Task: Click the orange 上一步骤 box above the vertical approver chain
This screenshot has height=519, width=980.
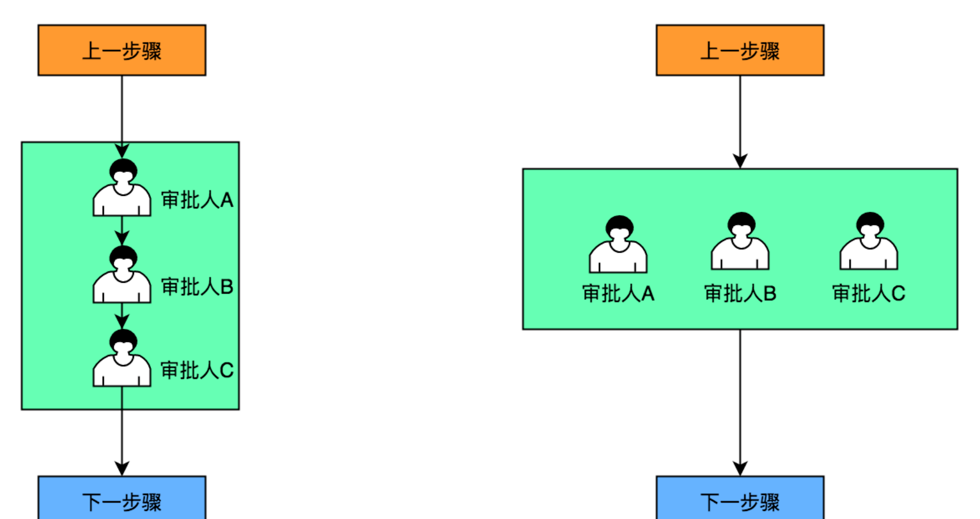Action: [x=122, y=50]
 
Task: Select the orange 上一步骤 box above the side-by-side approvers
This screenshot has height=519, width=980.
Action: [x=740, y=50]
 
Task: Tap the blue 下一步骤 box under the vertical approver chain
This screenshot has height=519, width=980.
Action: [x=122, y=499]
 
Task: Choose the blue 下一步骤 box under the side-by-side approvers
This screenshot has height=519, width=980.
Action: [x=740, y=499]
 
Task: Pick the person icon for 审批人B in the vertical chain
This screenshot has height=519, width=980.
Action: [x=122, y=275]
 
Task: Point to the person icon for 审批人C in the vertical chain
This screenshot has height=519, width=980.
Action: [x=122, y=358]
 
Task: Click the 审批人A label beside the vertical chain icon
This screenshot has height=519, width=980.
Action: [x=197, y=200]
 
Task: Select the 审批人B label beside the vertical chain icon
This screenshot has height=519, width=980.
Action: [x=197, y=287]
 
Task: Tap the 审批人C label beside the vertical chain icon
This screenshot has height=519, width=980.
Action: [x=197, y=370]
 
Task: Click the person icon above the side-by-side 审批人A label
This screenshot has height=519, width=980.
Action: [x=618, y=245]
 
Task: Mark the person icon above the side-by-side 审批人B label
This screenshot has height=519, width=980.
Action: [x=740, y=241]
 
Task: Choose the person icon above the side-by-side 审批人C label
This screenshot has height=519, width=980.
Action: [x=869, y=241]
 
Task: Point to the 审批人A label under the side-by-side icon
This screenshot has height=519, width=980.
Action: [x=618, y=294]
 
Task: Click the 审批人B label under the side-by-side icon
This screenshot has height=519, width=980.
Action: [x=740, y=294]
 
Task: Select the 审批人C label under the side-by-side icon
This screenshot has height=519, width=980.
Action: [x=869, y=294]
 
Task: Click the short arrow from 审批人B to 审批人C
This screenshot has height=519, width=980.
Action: [x=122, y=316]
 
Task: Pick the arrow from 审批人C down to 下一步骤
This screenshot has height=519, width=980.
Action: [x=122, y=432]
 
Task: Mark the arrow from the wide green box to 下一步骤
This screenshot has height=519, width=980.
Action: [x=740, y=403]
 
